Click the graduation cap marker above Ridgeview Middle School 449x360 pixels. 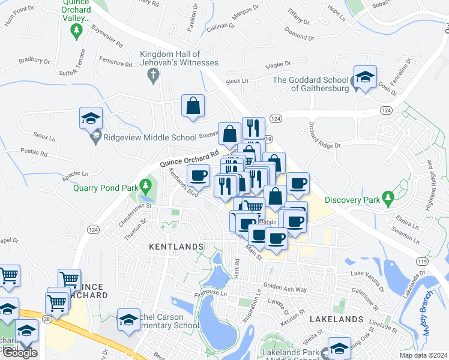(x=91, y=118)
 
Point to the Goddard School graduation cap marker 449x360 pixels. (x=364, y=77)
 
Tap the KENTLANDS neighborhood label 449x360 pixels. (x=176, y=247)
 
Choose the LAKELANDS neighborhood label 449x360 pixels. (x=337, y=319)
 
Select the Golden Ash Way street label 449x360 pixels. (x=285, y=289)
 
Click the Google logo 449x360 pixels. (x=20, y=353)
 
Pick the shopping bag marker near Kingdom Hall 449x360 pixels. (x=193, y=106)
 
